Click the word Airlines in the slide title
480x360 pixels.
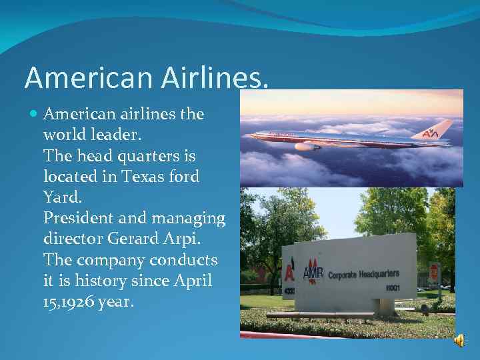click(x=216, y=77)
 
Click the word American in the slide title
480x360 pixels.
click(x=89, y=77)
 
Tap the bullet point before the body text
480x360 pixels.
click(x=35, y=114)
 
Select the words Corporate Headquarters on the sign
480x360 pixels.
click(x=363, y=274)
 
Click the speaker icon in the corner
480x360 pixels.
click(x=459, y=341)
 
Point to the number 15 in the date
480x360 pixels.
click(x=51, y=301)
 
